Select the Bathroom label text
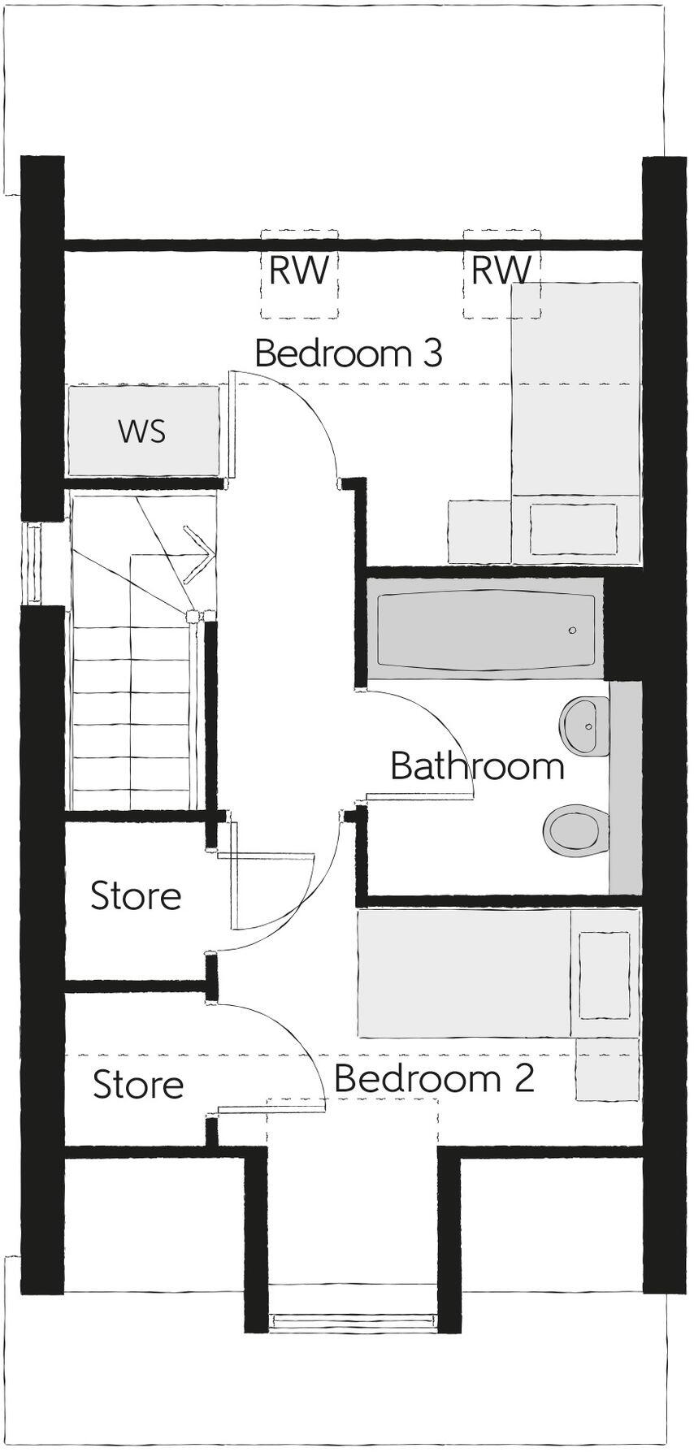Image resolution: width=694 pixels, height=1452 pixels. coord(477,766)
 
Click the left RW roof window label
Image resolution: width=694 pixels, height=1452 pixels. coord(298,270)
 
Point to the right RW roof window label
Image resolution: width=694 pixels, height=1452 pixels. coord(501,270)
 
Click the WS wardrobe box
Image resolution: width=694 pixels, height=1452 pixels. coord(143,431)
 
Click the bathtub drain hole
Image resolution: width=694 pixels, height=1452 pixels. coord(573,631)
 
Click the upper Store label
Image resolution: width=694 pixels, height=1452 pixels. coord(135,896)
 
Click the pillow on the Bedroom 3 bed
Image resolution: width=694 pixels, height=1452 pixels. coord(573,530)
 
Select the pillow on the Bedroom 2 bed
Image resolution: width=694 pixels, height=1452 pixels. coord(605,975)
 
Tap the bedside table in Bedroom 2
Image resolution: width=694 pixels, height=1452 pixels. coord(606,1068)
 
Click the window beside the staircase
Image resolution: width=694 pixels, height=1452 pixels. coord(34,564)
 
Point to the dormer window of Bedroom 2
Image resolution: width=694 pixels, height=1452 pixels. coord(353,1323)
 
